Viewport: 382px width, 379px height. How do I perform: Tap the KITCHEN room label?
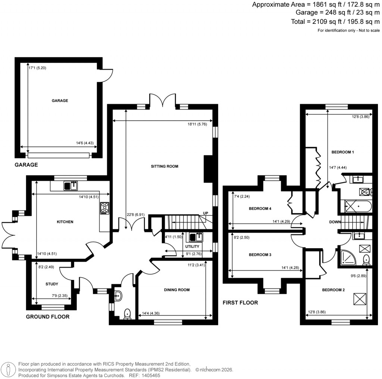click(65, 222)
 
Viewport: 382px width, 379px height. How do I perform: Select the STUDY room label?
click(52, 284)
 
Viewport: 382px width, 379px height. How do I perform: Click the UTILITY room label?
click(192, 246)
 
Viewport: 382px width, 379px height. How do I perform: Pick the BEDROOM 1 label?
click(342, 152)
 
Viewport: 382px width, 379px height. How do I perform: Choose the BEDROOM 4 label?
click(260, 208)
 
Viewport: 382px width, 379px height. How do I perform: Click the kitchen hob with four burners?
click(104, 208)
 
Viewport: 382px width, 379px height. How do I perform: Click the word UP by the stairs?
click(205, 213)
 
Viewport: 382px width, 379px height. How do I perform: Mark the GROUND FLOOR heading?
click(48, 317)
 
